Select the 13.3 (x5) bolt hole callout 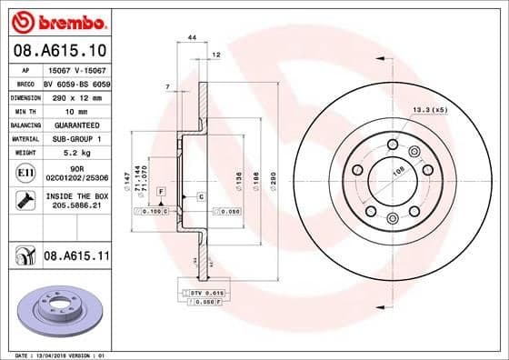430,110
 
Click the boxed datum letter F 161,192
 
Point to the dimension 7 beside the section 168,86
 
